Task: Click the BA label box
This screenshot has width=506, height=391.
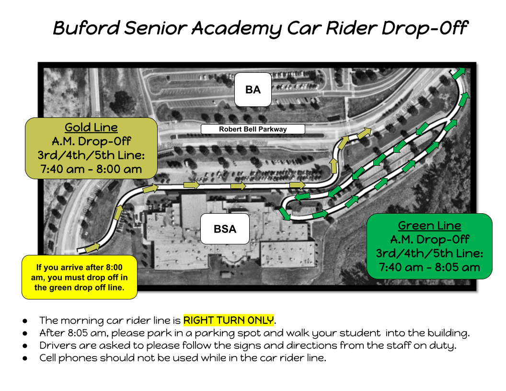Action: point(253,89)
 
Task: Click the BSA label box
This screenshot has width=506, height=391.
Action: point(225,229)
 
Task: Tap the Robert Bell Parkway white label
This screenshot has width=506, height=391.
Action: point(253,129)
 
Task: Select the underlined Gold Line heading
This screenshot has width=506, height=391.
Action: point(92,127)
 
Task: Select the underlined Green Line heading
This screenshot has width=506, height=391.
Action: point(429,226)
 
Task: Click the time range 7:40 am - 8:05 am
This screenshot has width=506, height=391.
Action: point(429,267)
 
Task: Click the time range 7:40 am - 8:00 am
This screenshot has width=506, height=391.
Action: point(92,169)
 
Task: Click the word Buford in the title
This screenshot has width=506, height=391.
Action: point(86,28)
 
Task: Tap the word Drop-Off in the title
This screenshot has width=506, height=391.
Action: point(425,28)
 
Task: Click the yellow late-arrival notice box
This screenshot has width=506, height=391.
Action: point(80,277)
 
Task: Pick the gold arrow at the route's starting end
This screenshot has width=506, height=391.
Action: point(92,247)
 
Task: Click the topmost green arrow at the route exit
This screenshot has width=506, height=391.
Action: point(458,73)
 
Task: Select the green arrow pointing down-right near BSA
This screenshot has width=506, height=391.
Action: point(285,214)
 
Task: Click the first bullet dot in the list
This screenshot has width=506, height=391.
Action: point(25,321)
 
